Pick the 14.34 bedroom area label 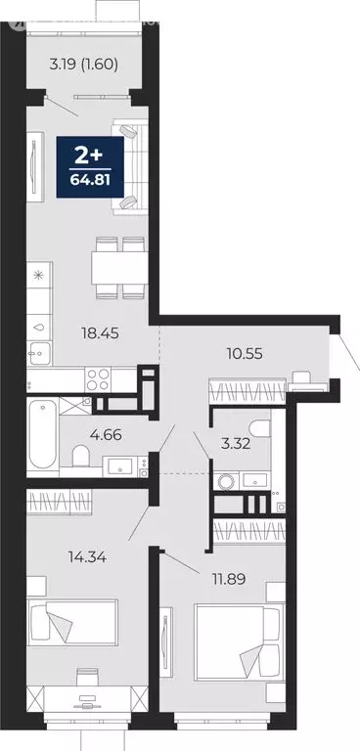(x=62, y=559)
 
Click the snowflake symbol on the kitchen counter (x=38, y=277)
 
